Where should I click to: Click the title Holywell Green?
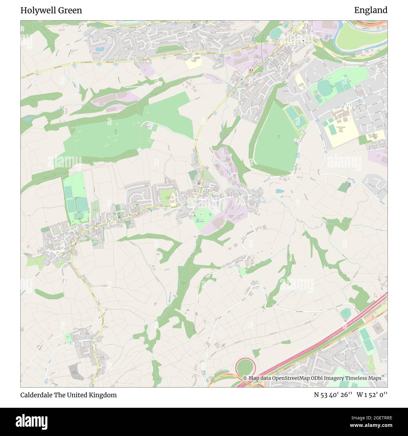click(x=51, y=10)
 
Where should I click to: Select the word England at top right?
click(x=371, y=10)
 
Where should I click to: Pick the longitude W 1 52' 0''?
click(x=372, y=395)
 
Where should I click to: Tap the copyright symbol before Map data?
click(x=245, y=378)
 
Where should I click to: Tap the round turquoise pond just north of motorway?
click(x=346, y=313)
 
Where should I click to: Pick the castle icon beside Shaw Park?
click(x=194, y=215)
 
